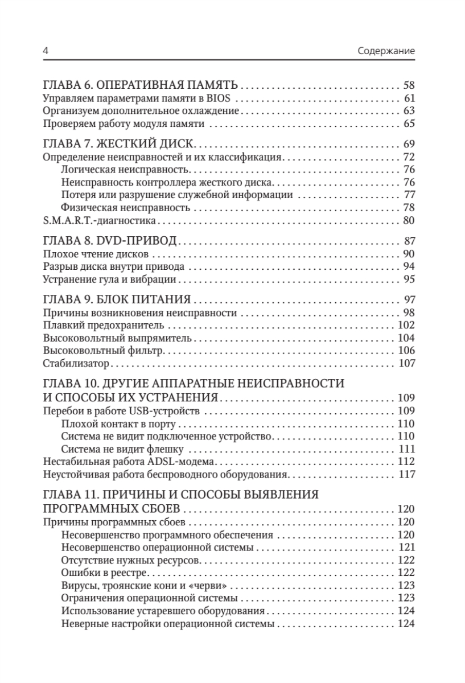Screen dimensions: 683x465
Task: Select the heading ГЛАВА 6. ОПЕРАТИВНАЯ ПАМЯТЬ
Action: pos(141,87)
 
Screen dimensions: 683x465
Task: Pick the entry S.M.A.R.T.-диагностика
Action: pos(100,220)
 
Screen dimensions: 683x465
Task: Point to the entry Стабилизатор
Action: pos(76,363)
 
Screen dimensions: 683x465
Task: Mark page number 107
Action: pos(406,363)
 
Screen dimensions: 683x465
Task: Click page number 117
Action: pos(406,474)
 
